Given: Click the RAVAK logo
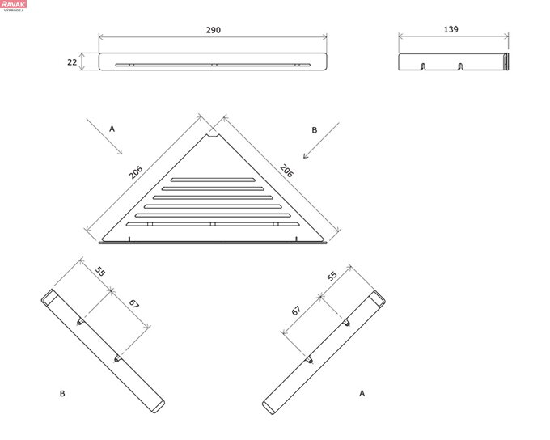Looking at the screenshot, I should click(x=14, y=5).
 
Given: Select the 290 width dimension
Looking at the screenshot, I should click(x=213, y=30).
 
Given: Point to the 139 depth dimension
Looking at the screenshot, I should click(x=451, y=30).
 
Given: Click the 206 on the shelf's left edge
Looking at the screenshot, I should click(x=136, y=172).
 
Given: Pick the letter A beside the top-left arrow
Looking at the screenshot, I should click(x=112, y=128).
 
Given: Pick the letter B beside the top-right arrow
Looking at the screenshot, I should click(x=314, y=129).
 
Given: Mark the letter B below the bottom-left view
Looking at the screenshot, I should click(x=61, y=393).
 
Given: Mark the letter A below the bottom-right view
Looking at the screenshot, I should click(x=362, y=393).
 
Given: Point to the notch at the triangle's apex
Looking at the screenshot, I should click(x=213, y=137).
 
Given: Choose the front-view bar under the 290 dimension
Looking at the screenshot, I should click(x=213, y=62).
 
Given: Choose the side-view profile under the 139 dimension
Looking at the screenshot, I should click(x=453, y=61).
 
